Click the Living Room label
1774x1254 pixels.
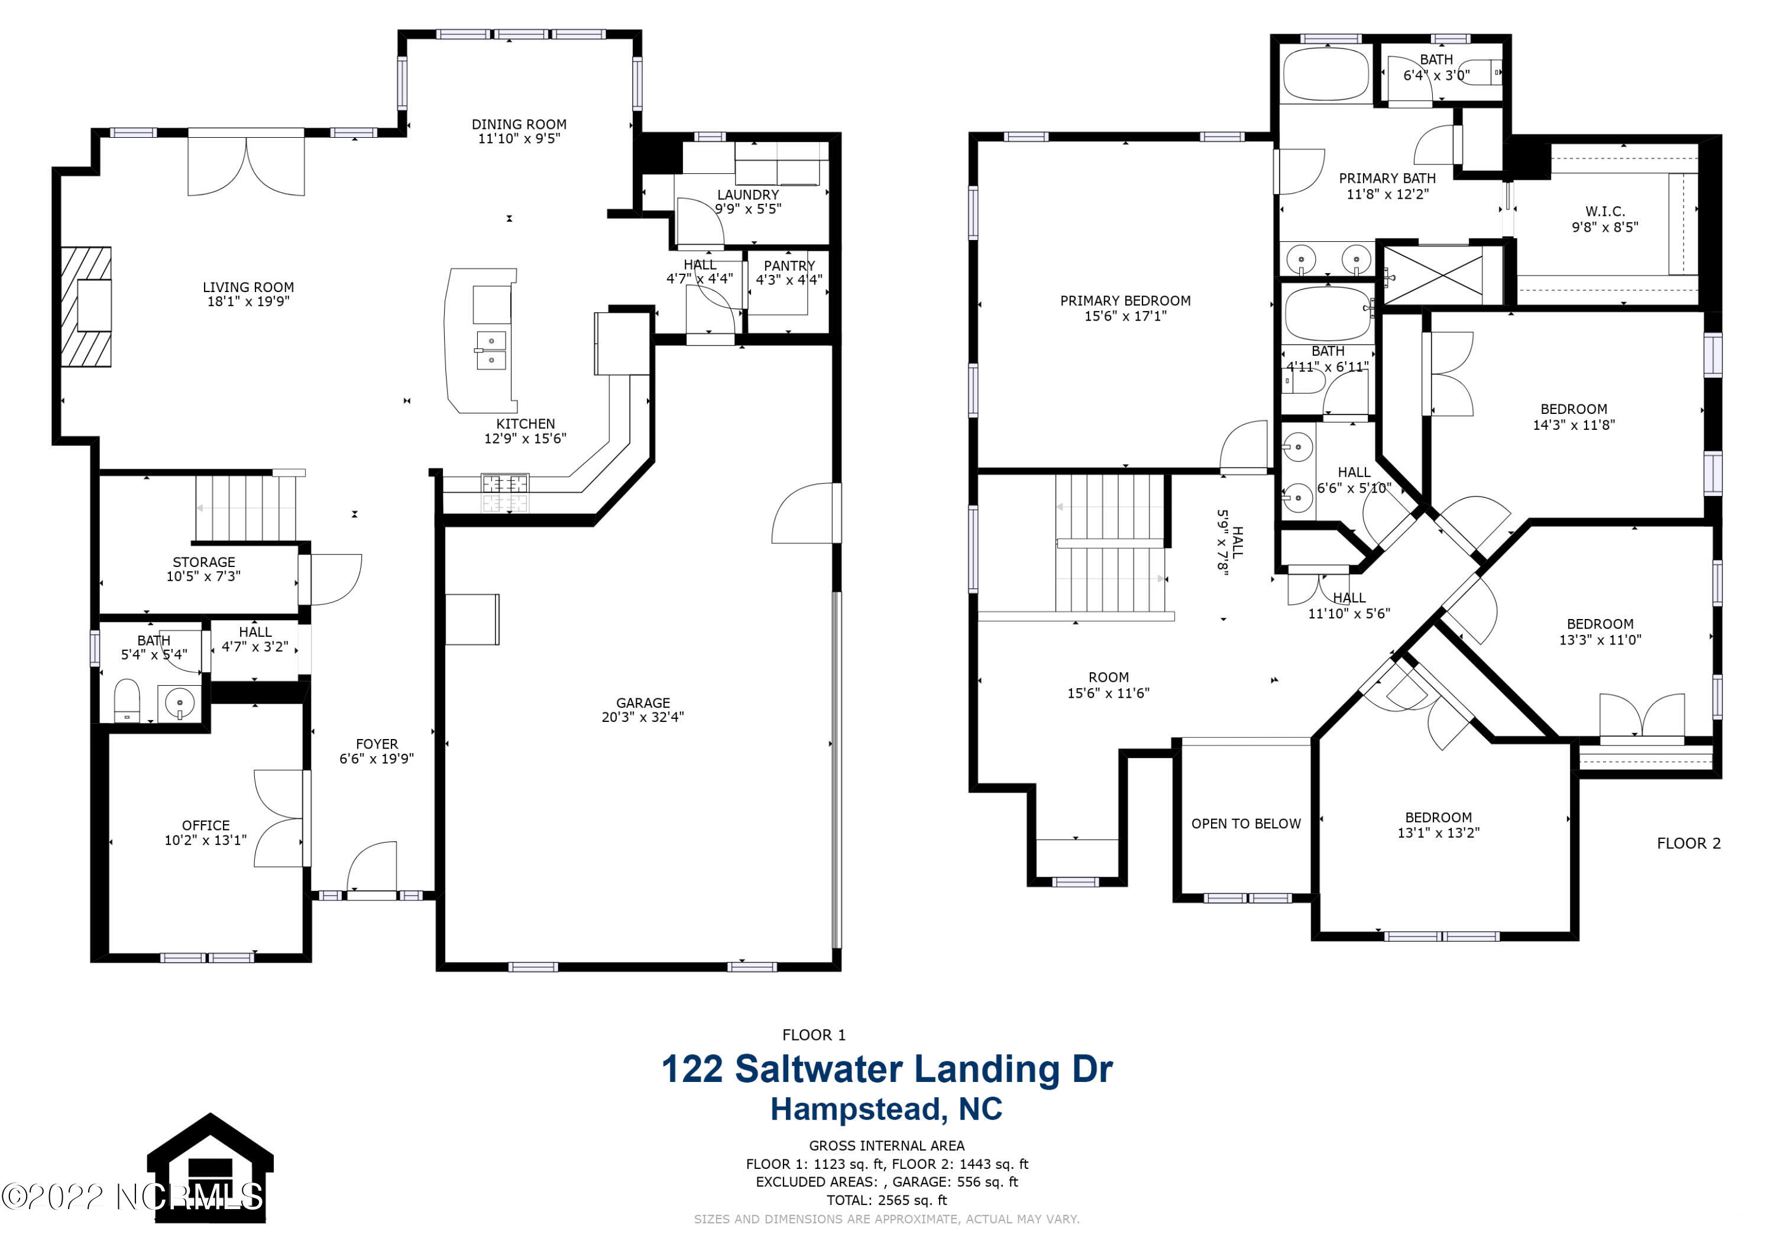point(248,287)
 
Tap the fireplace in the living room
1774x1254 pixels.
point(86,307)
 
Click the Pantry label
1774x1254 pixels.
point(789,266)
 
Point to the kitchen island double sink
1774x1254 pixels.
point(491,351)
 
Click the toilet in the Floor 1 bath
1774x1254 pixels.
point(126,700)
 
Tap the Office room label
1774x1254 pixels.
point(206,826)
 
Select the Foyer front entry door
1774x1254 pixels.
point(371,869)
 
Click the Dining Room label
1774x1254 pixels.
point(519,124)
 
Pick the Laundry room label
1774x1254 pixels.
point(748,195)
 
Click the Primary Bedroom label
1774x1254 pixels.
point(1125,300)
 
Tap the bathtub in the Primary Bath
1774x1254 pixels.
point(1326,76)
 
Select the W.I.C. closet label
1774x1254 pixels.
point(1605,212)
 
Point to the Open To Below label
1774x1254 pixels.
point(1245,824)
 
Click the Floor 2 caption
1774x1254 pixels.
point(1688,843)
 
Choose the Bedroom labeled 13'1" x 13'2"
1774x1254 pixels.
point(1438,824)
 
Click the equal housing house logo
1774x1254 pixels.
point(209,1168)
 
